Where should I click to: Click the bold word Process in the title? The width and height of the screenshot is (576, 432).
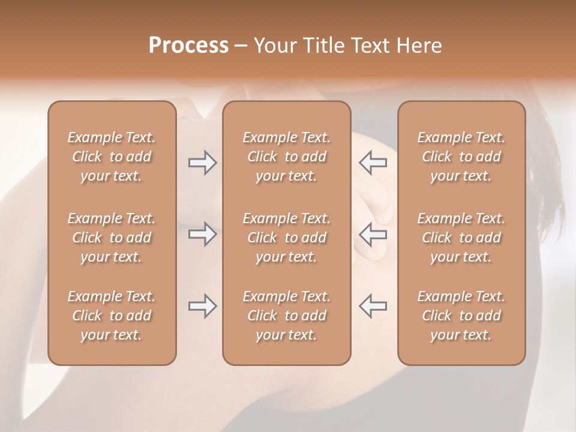point(188,46)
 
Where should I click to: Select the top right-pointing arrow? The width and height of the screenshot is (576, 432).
point(202,162)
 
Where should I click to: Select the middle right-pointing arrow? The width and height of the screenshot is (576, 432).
point(202,234)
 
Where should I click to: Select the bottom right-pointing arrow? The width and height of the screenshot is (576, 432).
point(202,306)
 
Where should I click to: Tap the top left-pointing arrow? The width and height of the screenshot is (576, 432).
point(373,162)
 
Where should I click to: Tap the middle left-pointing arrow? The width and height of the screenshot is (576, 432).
point(373,234)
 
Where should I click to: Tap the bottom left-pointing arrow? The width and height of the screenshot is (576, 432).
point(373,306)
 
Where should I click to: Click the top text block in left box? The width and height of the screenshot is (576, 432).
point(112,157)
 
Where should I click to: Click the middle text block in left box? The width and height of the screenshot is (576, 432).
point(112,238)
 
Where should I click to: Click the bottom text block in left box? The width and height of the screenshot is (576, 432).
point(112,316)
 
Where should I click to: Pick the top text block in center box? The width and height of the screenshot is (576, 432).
point(286,157)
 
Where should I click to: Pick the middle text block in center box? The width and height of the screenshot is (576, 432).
point(286,238)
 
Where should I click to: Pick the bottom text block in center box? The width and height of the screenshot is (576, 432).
point(286,316)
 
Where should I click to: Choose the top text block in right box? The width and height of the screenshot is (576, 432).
point(461,157)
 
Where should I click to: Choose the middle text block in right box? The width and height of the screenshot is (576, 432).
point(461,238)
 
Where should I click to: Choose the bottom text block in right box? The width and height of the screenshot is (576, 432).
point(461,316)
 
